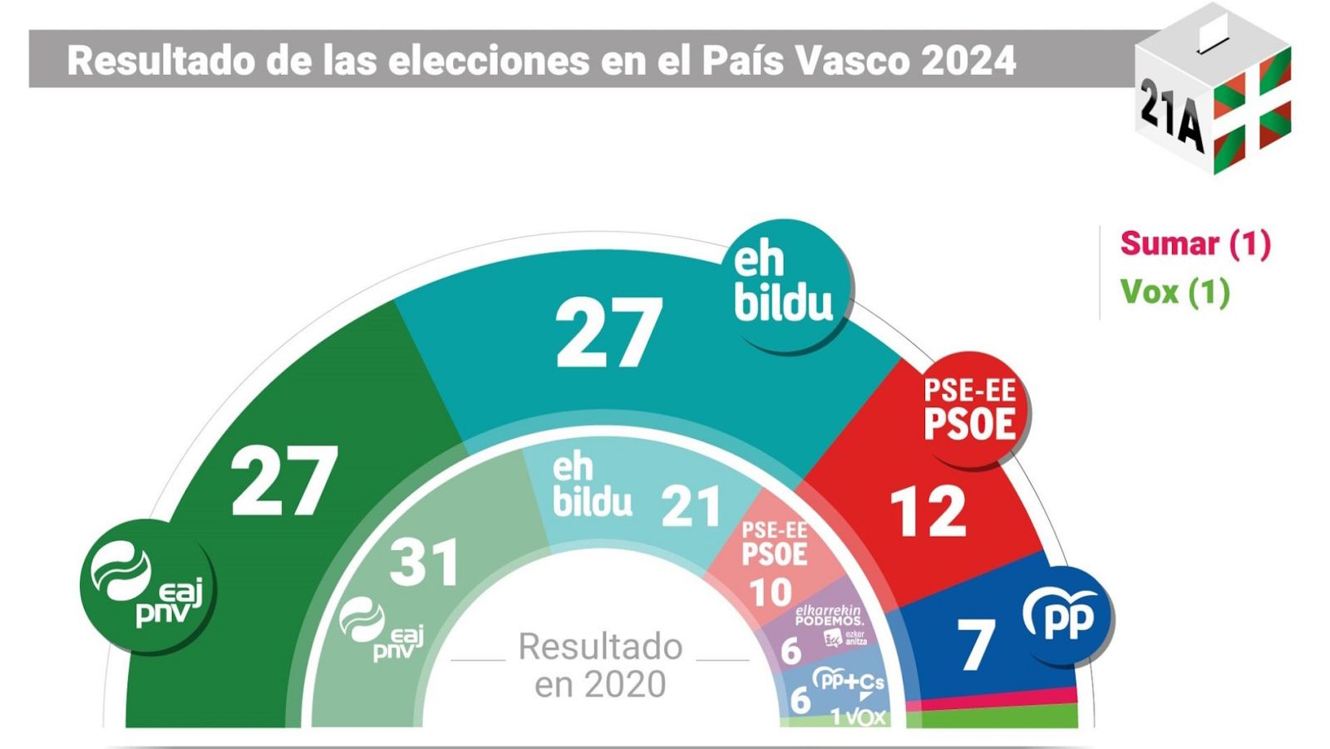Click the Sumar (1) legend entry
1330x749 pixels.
1195,244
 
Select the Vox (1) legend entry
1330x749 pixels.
1175,292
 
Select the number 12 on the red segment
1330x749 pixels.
928,512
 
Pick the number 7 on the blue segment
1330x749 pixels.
976,645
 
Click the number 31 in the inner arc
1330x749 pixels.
424,563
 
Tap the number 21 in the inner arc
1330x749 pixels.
691,506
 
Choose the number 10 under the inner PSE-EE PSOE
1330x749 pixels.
770,593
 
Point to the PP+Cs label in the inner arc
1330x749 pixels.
848,682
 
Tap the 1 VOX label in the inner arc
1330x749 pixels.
858,717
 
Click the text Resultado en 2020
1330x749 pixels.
600,665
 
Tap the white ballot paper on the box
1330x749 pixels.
1213,32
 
